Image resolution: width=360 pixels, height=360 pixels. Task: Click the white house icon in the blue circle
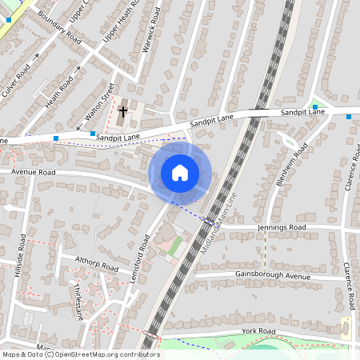180,172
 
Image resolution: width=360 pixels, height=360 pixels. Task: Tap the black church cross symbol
123,112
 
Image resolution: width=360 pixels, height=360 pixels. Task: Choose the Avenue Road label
33,172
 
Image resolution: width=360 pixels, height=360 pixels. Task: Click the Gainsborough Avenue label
272,276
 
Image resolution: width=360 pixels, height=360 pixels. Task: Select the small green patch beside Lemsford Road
175,246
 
